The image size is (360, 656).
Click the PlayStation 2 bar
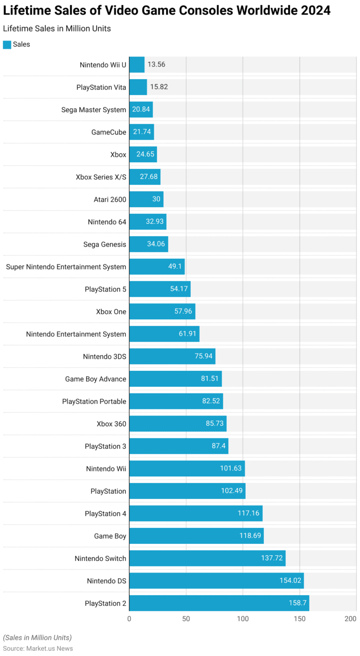click(x=219, y=603)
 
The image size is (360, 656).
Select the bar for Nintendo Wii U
click(x=137, y=65)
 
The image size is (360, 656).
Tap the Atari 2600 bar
click(x=146, y=199)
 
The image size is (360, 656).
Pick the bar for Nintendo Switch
click(x=207, y=558)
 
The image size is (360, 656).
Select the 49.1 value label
click(x=174, y=267)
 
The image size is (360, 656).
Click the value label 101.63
click(x=231, y=468)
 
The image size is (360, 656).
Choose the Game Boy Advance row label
click(x=96, y=379)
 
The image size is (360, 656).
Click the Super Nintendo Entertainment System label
click(x=66, y=267)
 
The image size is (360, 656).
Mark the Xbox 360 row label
click(x=111, y=424)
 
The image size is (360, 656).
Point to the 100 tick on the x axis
click(x=243, y=619)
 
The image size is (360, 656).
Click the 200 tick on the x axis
click(x=351, y=619)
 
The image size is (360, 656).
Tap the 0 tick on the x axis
click(x=129, y=619)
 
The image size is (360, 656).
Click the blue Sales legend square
click(x=7, y=45)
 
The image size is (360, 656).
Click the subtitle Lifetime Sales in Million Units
click(x=57, y=29)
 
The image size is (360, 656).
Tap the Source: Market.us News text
click(x=38, y=648)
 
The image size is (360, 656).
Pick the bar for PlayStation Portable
click(x=176, y=401)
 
